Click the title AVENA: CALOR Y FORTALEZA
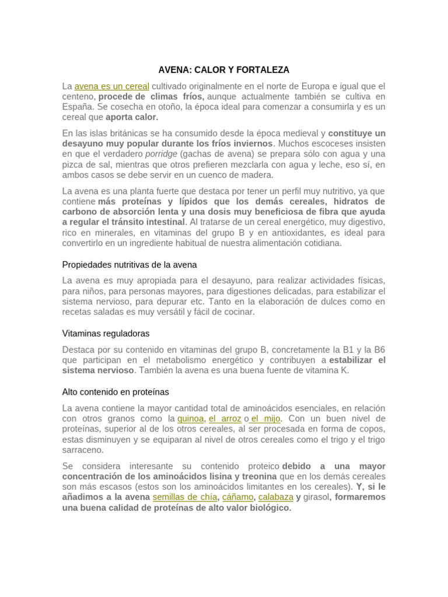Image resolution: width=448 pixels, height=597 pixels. coord(224,70)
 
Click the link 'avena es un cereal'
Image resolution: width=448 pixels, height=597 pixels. coord(112,86)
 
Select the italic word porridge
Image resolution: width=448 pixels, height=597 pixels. coord(161,154)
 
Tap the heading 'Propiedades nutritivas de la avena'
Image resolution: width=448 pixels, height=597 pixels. coord(129,265)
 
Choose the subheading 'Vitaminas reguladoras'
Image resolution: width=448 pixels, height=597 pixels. coord(106,333)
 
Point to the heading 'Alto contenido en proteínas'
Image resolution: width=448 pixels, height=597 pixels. coord(116,392)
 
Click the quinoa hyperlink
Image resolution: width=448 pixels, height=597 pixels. coord(190,419)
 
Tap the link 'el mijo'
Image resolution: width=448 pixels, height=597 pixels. coord(266,419)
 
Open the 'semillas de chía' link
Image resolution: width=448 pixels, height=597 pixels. coord(184,497)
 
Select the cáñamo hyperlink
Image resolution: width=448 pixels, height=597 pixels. coord(237,497)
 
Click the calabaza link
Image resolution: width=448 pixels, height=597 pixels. coord(275,497)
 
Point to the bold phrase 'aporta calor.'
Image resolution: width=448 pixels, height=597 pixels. coord(132,117)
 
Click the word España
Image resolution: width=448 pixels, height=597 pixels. coord(78,107)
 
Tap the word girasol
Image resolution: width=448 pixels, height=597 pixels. coord(316,497)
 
